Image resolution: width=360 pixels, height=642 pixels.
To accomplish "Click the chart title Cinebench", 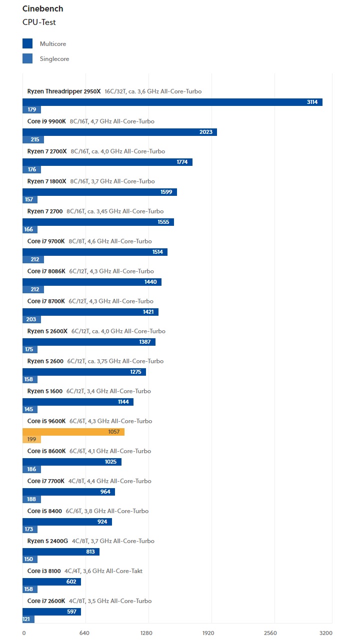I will (42, 9).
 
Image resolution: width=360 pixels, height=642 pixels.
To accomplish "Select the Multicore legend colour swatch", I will (27, 43).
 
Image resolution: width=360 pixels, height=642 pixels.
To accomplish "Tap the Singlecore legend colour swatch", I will (27, 58).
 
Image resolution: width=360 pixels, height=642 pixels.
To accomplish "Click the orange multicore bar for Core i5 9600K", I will (73, 432).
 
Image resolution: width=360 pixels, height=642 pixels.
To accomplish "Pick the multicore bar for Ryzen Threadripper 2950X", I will (172, 102).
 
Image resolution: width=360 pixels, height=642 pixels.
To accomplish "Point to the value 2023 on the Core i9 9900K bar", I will (205, 132).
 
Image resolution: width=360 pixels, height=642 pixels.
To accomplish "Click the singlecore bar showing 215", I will (33, 140).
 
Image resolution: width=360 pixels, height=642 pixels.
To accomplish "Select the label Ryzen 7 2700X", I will (46, 151).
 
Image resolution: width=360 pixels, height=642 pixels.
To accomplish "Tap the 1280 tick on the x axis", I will (146, 633).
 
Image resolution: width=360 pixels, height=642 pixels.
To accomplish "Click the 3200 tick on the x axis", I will (325, 633).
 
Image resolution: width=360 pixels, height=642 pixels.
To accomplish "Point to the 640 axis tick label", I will (84, 633).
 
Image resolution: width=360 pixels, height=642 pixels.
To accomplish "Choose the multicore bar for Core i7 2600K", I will (51, 612).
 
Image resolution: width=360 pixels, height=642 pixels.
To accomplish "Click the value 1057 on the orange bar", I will (114, 432).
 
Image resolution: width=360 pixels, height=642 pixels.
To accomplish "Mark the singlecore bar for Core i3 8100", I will (30, 590).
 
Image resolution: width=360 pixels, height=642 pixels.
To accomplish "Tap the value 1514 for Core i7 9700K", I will (157, 252).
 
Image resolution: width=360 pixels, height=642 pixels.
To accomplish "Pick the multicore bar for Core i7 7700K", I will (68, 492).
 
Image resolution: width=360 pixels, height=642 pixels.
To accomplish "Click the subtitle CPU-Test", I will (39, 22).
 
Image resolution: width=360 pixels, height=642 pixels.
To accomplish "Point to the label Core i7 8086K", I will (46, 271).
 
